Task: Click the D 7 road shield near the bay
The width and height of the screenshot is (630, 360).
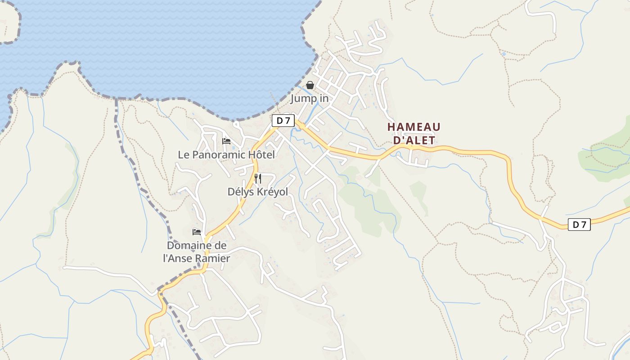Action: pyautogui.click(x=283, y=121)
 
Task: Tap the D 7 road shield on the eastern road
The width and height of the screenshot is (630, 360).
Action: pyautogui.click(x=579, y=224)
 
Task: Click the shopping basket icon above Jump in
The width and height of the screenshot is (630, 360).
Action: pyautogui.click(x=310, y=85)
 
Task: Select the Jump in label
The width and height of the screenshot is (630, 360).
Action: pyautogui.click(x=309, y=98)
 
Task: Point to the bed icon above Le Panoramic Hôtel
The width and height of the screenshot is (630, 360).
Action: pyautogui.click(x=226, y=141)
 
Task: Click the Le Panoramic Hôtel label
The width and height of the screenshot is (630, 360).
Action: pyautogui.click(x=226, y=155)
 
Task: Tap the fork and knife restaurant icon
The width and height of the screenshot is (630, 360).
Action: pyautogui.click(x=258, y=179)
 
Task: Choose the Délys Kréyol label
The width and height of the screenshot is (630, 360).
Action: pyautogui.click(x=257, y=192)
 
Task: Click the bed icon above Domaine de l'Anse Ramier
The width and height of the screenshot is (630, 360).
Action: pyautogui.click(x=197, y=232)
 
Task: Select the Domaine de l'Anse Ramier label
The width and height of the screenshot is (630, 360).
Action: pyautogui.click(x=197, y=252)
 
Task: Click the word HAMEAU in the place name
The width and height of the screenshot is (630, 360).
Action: pyautogui.click(x=414, y=127)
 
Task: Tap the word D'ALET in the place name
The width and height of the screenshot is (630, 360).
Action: pyautogui.click(x=414, y=140)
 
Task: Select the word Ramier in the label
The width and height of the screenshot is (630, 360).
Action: pyautogui.click(x=215, y=258)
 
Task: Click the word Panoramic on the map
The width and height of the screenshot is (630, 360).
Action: pyautogui.click(x=219, y=155)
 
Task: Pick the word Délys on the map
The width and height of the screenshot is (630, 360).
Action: pyautogui.click(x=241, y=192)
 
